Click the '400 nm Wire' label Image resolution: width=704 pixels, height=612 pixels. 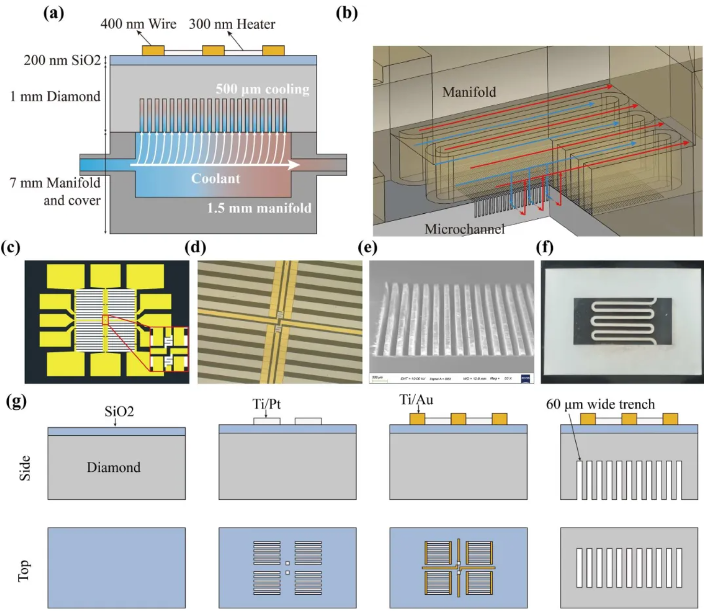point(138,24)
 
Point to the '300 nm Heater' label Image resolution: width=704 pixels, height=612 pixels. point(232,24)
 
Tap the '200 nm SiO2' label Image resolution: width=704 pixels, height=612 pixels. point(62,60)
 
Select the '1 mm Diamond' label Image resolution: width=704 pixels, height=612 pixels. point(55,96)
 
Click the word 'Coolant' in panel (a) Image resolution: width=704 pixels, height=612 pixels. point(215,178)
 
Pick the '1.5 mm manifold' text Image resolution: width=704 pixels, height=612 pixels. point(259,208)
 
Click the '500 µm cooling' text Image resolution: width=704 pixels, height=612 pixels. point(262,89)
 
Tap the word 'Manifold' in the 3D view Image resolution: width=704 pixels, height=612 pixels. point(469,92)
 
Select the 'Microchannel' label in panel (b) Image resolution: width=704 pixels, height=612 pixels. point(464,229)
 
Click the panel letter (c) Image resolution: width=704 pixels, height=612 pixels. point(11,247)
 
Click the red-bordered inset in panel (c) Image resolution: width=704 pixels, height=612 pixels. point(169,349)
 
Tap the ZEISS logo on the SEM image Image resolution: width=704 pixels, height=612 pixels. point(526,378)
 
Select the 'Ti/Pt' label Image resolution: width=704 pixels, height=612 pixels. point(266,404)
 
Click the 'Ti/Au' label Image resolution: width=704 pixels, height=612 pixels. point(416,400)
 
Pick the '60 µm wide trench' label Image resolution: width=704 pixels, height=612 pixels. point(600,404)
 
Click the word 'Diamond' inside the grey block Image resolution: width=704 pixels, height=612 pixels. point(113,467)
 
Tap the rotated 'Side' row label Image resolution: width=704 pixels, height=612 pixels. point(25,468)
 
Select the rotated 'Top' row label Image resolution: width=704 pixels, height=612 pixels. point(25,570)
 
